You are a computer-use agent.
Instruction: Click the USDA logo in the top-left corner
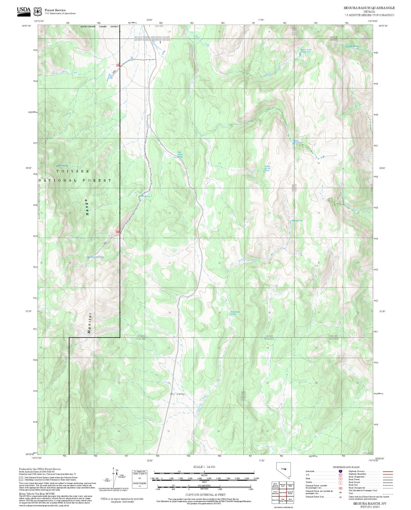pos(24,11)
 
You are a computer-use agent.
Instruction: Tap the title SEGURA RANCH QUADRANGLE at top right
pos(369,8)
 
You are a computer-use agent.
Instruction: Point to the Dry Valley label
pos(177,394)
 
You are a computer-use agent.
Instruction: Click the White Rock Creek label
pos(65,73)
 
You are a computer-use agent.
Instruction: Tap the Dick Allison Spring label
pos(180,154)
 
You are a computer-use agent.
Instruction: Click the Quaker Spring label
pos(353,46)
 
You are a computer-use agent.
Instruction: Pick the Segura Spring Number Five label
pos(306,51)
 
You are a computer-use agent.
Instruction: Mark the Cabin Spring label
pos(144,196)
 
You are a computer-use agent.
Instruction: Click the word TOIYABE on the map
pos(73,171)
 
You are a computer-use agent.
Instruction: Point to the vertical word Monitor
pos(89,323)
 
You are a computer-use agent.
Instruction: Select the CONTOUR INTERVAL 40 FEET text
pos(205,495)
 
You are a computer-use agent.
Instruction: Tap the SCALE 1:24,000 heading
pos(204,467)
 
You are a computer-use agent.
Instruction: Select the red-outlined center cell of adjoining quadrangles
pos(283,492)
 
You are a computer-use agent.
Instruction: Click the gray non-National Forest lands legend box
pos(21,479)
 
